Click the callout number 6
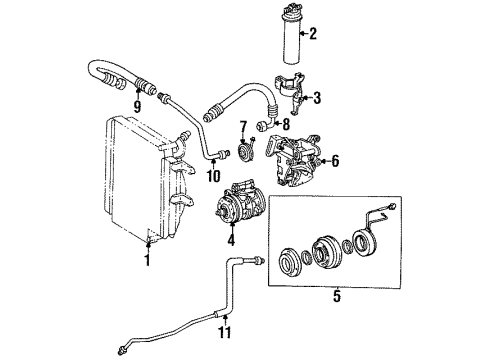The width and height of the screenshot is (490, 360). [335, 160]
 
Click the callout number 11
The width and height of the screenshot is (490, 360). [225, 332]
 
